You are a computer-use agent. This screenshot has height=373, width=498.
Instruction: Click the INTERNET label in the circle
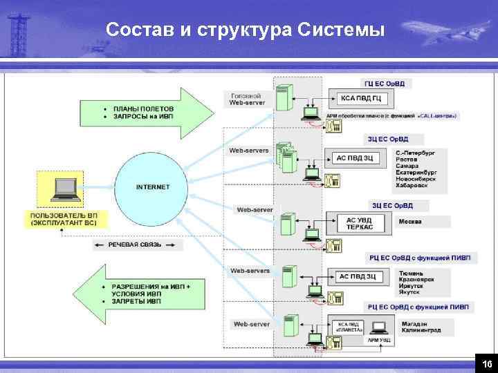153,186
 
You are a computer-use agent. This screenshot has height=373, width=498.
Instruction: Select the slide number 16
487,363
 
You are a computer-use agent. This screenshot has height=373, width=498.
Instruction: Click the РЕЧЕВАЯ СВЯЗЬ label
135,245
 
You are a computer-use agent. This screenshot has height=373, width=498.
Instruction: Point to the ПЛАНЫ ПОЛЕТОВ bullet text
144,108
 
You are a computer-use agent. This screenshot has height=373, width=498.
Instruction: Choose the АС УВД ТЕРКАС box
359,223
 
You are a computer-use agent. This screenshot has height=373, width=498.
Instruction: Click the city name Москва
409,222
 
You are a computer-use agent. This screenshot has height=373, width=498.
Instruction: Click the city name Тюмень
409,273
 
